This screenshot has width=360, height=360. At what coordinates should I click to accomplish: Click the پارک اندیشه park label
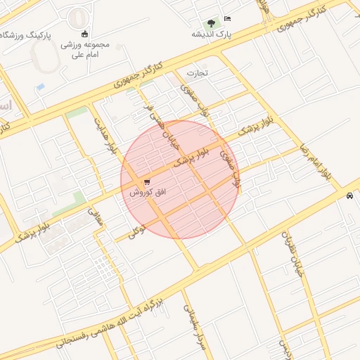pyautogui.click(x=211, y=33)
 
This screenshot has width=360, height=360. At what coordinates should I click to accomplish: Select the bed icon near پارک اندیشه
pyautogui.click(x=227, y=18)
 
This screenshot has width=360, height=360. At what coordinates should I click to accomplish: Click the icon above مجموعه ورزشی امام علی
pyautogui.click(x=85, y=34)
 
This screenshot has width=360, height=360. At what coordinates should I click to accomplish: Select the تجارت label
pyautogui.click(x=198, y=72)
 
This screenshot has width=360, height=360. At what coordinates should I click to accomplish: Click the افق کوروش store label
pyautogui.click(x=147, y=192)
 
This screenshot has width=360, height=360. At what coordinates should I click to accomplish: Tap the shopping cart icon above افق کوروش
pyautogui.click(x=146, y=182)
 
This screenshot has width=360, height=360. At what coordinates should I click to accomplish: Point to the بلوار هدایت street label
pyautogui.click(x=103, y=136)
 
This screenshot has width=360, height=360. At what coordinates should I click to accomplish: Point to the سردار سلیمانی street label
pyautogui.click(x=195, y=326)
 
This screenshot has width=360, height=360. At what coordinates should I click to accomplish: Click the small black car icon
pyautogui.click(x=349, y=196)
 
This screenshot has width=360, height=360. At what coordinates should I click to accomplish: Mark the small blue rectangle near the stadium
pyautogui.click(x=40, y=86)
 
